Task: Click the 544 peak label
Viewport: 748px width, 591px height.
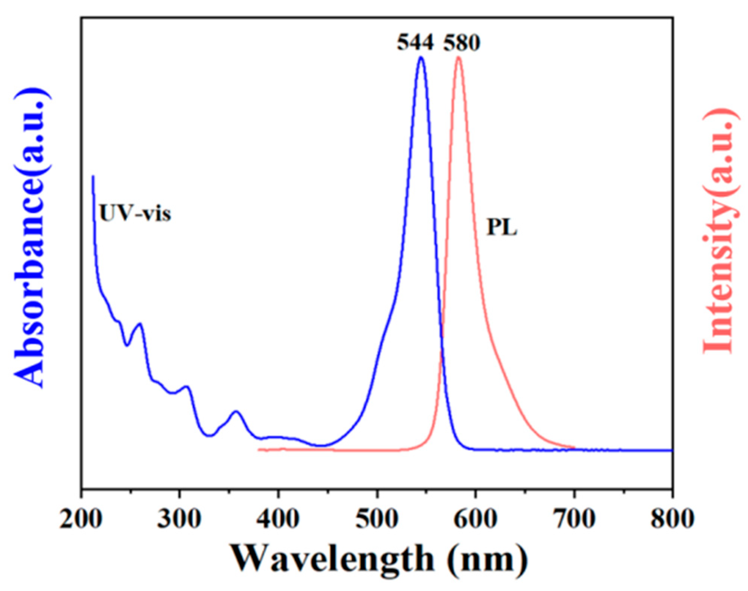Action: click(x=415, y=43)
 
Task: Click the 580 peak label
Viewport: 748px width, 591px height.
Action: click(x=462, y=43)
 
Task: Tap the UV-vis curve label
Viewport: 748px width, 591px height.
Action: click(x=135, y=214)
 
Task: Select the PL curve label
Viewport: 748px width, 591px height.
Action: click(x=501, y=227)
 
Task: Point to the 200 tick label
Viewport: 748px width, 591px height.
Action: click(x=81, y=519)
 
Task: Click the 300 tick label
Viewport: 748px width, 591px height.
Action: click(x=180, y=519)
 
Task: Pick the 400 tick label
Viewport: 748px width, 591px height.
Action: click(x=278, y=519)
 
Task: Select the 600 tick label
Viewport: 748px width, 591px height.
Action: click(x=475, y=519)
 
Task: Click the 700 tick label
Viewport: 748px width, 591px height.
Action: click(x=574, y=519)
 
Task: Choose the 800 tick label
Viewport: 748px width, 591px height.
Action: click(x=672, y=519)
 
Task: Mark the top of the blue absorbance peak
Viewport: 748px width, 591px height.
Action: click(x=421, y=57)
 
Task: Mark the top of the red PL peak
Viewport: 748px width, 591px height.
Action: click(x=459, y=57)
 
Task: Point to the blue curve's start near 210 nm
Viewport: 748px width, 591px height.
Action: click(x=93, y=176)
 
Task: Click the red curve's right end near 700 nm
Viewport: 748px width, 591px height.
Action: click(x=574, y=447)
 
